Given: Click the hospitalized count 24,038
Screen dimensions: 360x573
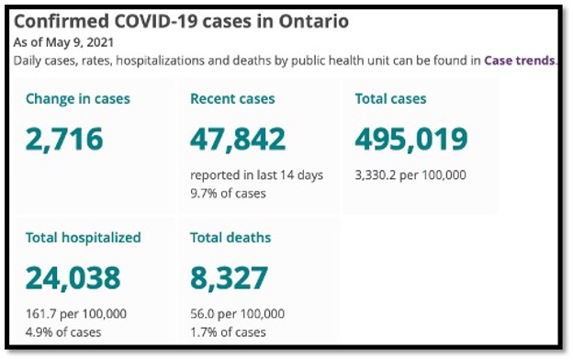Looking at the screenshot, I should click(73, 276).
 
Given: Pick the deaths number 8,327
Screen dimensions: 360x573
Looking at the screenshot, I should click(229, 276).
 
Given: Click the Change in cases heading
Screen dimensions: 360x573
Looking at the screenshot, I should click(78, 98).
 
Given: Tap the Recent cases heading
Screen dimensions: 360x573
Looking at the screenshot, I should click(232, 98).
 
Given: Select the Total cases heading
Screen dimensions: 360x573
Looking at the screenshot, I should click(390, 98).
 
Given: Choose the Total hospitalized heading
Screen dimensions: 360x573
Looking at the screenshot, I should click(84, 238).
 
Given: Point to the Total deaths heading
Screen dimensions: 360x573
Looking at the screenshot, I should click(230, 238).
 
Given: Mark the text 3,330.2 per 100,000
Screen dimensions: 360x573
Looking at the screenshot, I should click(410, 174).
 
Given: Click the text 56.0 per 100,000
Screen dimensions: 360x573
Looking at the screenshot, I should click(237, 314).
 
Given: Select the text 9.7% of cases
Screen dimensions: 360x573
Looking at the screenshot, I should click(228, 193).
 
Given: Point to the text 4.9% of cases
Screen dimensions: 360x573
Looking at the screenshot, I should click(63, 332).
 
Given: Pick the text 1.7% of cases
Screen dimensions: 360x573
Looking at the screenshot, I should click(228, 332).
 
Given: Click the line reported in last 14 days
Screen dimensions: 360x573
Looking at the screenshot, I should click(256, 174).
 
